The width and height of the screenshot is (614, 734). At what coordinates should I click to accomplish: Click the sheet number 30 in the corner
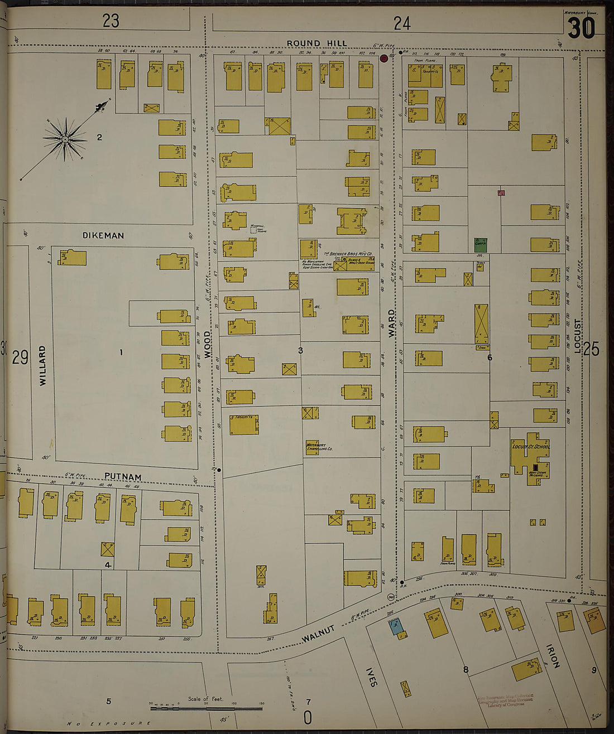581,27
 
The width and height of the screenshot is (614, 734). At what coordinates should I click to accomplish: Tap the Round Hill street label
316,43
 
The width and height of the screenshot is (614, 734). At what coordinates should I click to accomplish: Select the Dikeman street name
103,235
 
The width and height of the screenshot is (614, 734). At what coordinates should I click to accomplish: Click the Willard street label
43,365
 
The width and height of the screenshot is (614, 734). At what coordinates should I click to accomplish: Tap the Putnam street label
122,477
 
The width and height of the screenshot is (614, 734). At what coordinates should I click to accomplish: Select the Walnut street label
319,634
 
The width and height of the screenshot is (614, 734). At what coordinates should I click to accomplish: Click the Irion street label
553,656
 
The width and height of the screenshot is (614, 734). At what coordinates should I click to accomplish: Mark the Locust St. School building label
530,446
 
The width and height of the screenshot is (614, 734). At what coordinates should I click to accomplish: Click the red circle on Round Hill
384,58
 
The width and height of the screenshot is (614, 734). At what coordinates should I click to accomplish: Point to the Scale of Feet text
205,698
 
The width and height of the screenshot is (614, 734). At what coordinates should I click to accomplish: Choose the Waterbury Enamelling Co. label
319,446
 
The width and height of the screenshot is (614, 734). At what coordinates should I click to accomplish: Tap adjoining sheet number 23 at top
111,21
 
